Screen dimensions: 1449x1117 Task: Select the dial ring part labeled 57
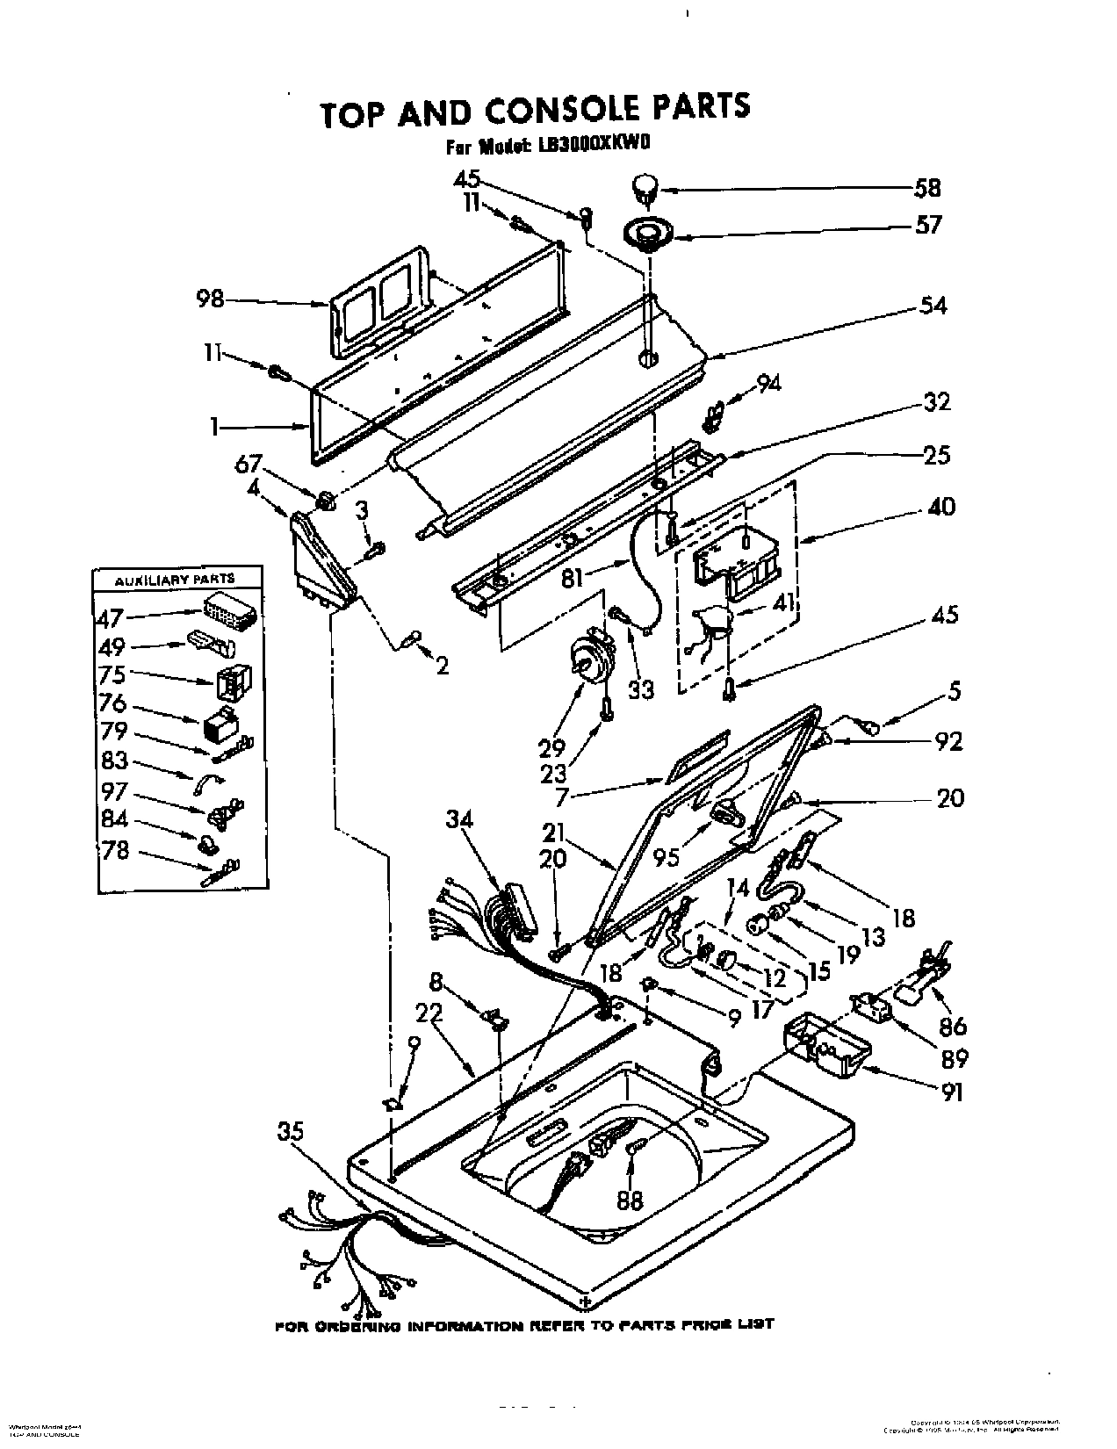646,234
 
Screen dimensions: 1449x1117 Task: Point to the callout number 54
933,306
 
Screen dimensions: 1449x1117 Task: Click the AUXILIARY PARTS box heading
177,579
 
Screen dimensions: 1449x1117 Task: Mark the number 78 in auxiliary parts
114,851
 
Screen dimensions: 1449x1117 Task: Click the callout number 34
458,819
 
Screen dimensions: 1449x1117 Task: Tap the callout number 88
630,1200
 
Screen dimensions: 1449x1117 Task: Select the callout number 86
953,1026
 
